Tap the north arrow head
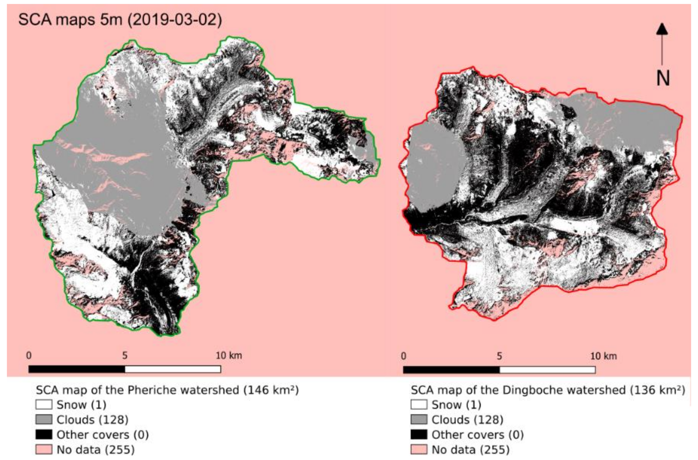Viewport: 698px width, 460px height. (x=662, y=29)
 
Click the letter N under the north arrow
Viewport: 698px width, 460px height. (x=663, y=78)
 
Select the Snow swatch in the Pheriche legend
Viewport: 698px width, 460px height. (x=44, y=405)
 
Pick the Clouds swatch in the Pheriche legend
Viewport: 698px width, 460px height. (x=44, y=419)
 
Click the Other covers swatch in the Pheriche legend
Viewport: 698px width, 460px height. (x=44, y=435)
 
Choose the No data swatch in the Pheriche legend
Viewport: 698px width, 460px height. (x=44, y=449)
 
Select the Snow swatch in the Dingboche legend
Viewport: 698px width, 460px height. (x=419, y=405)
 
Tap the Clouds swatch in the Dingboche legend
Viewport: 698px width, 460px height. (x=419, y=419)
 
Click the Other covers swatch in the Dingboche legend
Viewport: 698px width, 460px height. (x=419, y=435)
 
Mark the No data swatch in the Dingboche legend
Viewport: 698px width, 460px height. (x=419, y=449)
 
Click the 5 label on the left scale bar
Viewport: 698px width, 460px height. (x=125, y=356)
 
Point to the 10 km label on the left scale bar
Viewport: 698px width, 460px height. (x=229, y=356)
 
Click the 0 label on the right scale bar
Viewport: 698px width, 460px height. (x=404, y=356)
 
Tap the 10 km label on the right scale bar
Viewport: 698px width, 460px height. (x=603, y=356)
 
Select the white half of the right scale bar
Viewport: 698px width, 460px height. (x=547, y=370)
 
